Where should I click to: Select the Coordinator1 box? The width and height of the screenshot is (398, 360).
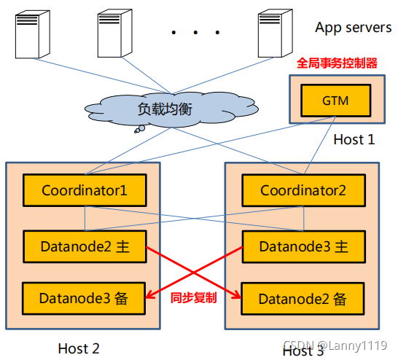click(85, 191)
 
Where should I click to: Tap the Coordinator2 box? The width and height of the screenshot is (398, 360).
click(303, 191)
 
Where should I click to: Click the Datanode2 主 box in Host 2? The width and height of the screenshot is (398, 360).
click(85, 246)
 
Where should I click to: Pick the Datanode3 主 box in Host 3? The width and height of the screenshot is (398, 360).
click(303, 246)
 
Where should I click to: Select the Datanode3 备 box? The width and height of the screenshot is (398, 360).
click(85, 297)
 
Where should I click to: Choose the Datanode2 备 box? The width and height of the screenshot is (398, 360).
click(303, 298)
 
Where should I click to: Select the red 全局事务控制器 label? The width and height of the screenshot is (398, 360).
click(337, 63)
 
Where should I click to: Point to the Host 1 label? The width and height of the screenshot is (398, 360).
click(354, 139)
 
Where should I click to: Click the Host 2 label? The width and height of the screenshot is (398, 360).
click(78, 348)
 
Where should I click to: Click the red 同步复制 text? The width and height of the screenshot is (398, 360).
click(193, 298)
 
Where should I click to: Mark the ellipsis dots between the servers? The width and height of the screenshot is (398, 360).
click(195, 33)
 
